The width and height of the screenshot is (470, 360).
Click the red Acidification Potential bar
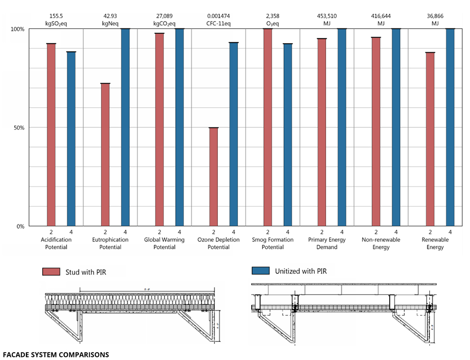click(51, 135)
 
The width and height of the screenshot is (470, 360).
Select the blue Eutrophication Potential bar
click(125, 127)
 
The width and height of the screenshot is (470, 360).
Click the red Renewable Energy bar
click(430, 139)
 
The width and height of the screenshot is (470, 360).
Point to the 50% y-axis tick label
click(19, 128)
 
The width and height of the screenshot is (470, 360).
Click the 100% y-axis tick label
click(18, 29)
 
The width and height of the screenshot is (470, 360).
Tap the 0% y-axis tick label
click(20, 226)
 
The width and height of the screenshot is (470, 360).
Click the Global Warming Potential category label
click(164, 243)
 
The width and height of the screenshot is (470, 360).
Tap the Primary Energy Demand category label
click(327, 243)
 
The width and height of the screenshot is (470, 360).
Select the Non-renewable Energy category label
click(381, 243)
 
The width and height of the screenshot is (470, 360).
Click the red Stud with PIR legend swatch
click(50, 272)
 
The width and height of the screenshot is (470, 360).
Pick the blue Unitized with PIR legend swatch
click(260, 271)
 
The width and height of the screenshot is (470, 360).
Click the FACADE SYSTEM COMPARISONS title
click(56, 354)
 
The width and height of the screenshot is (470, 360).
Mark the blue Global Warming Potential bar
click(179, 127)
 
